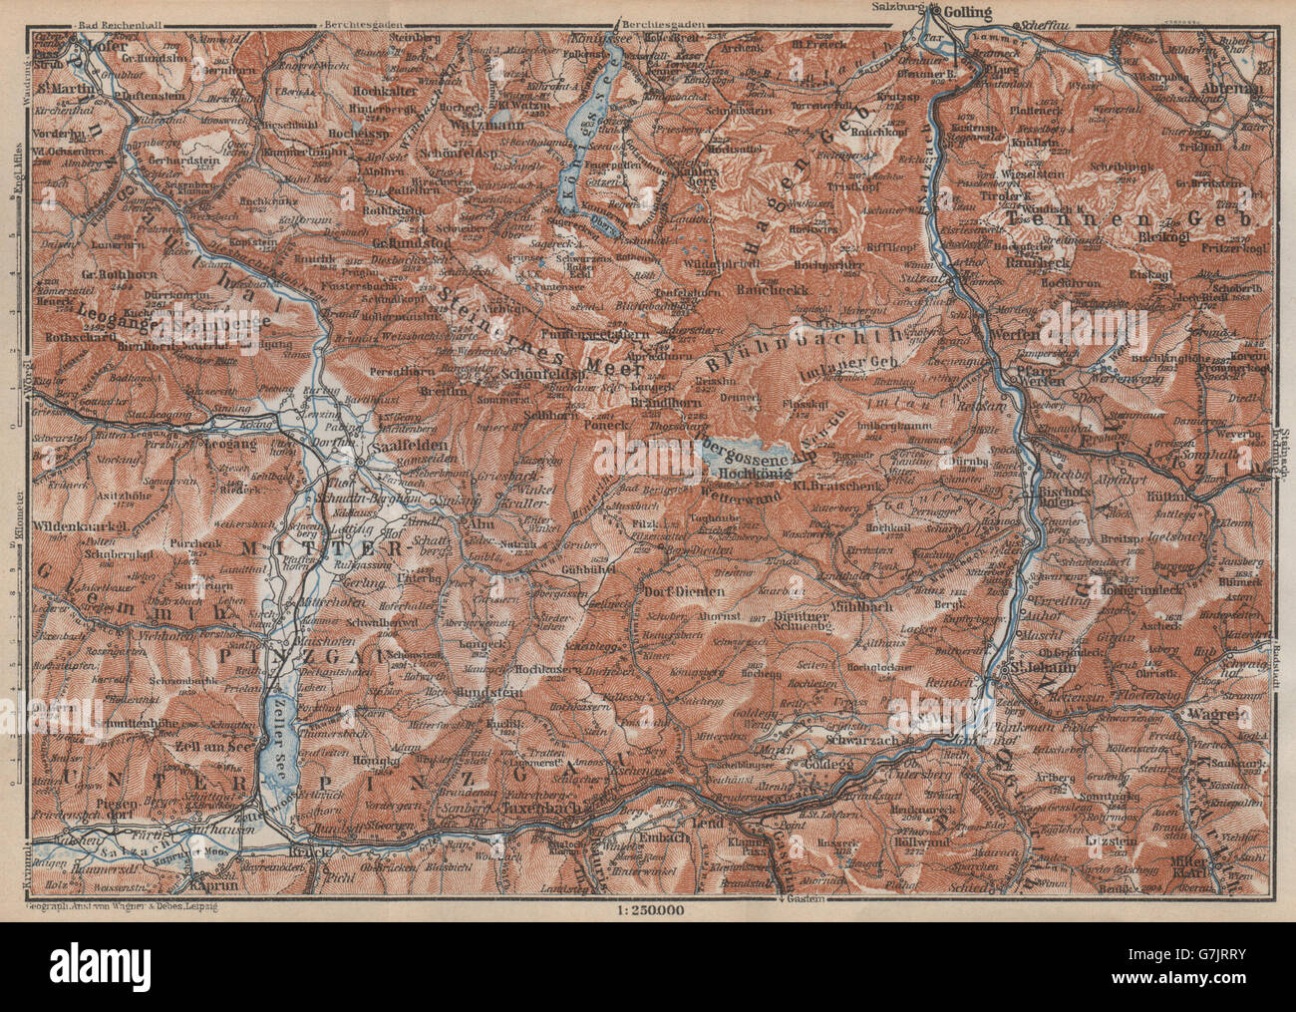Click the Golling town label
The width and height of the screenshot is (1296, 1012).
tap(965, 13)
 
